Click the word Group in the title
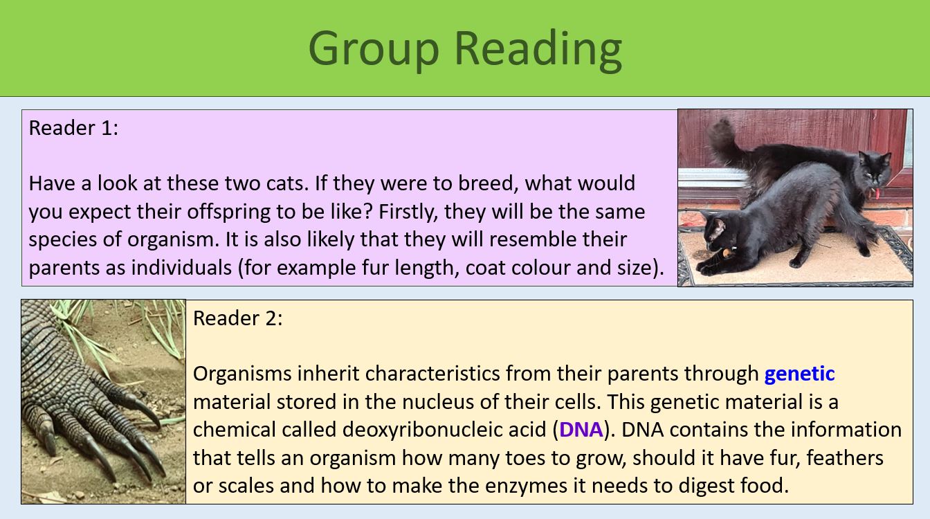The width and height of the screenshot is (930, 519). tap(374, 48)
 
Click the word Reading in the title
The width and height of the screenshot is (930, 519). tap(538, 48)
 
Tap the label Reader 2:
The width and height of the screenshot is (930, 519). tap(238, 318)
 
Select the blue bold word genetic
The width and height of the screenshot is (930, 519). tap(799, 374)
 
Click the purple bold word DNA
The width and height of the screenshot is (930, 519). tap(581, 430)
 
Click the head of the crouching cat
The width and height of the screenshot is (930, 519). tap(716, 235)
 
